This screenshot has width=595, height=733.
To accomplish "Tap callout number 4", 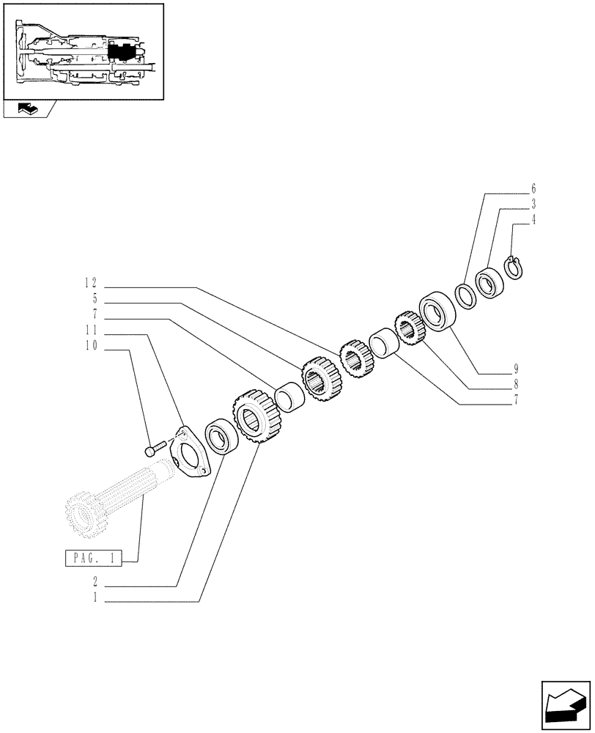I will click(534, 218).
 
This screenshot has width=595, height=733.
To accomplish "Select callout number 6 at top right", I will click(534, 187).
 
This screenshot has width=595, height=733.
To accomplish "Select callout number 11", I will click(92, 331).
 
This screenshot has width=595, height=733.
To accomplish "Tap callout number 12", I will click(92, 283).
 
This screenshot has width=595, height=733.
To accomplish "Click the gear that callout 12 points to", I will click(354, 358).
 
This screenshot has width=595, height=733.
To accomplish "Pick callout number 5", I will click(95, 299).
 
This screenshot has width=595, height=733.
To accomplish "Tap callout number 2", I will click(95, 584).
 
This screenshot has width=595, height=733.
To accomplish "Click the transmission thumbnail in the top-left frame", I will click(83, 51).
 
